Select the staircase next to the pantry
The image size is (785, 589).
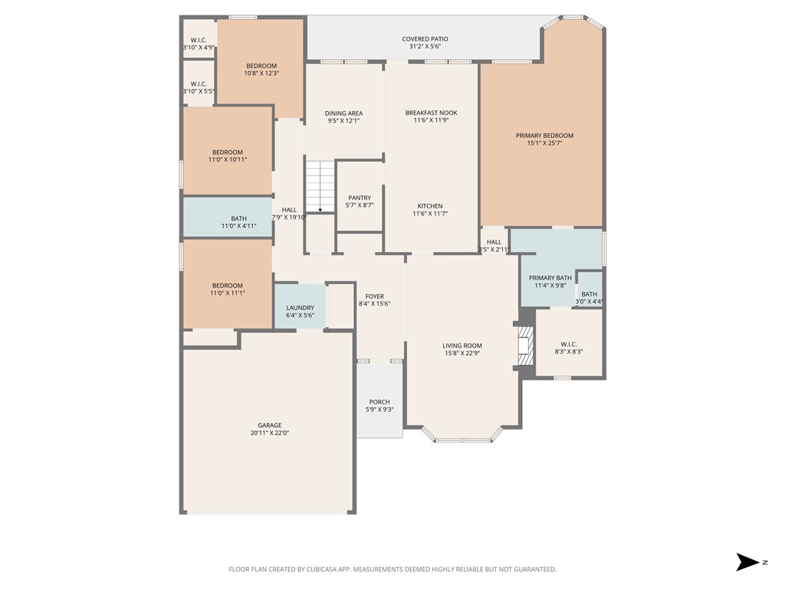[x=320, y=186]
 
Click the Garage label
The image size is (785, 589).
[x=269, y=426]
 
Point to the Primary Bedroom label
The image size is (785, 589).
[x=544, y=136]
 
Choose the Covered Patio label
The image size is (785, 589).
[x=425, y=39]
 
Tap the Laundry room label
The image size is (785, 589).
[x=300, y=308]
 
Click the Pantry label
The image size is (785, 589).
[x=360, y=198]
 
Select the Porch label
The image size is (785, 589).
[x=379, y=402]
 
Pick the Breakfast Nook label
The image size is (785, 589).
[x=431, y=113]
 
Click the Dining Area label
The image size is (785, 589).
[x=343, y=114]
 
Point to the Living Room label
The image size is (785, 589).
[x=462, y=345]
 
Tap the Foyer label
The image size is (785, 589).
[x=374, y=296]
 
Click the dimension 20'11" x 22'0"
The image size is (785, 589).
[x=269, y=433]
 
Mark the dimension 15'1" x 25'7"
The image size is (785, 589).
[x=544, y=143]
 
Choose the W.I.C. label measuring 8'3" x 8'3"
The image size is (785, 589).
[x=568, y=344]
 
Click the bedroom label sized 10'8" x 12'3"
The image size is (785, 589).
[x=261, y=66]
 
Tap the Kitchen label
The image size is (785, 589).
[x=430, y=206]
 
